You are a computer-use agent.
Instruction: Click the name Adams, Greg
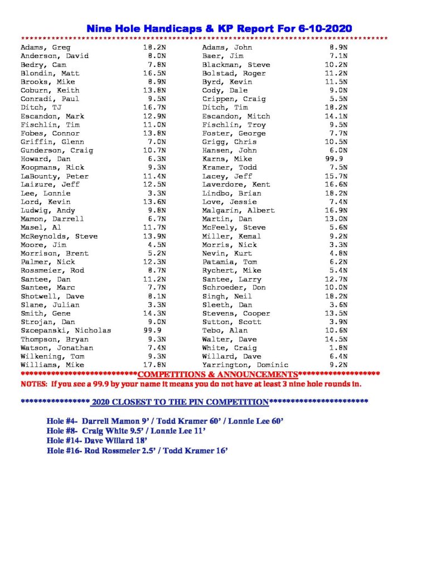(45, 48)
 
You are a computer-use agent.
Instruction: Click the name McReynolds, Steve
(59, 236)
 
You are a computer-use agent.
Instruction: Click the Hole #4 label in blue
(62, 420)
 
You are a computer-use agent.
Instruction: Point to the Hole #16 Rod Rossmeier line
(137, 450)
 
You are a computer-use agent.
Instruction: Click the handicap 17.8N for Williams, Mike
(152, 365)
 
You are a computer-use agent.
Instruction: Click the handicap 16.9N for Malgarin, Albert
(337, 211)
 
